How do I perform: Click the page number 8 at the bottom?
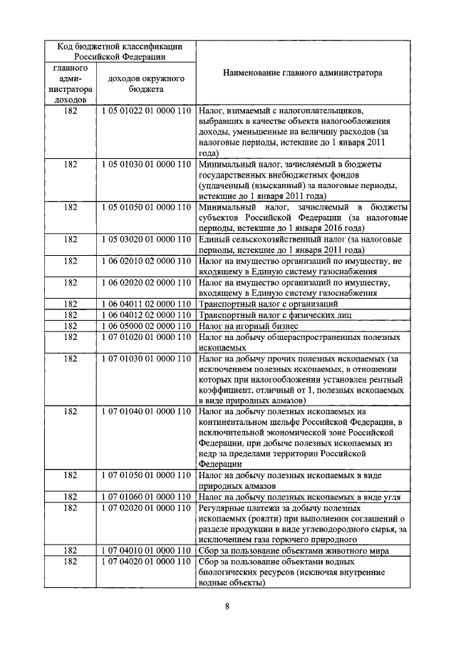point(227,607)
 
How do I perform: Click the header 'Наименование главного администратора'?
point(301,73)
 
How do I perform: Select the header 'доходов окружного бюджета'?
point(146,84)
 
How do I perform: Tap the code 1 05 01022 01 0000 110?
point(146,111)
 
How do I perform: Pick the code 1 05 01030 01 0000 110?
point(146,164)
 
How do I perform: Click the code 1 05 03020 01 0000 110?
point(146,239)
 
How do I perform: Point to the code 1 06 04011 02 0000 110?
point(146,303)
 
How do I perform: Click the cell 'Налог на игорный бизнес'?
point(244,325)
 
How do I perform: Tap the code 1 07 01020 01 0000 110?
point(146,336)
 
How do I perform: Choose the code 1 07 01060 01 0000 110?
point(146,496)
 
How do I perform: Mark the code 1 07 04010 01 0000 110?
point(146,550)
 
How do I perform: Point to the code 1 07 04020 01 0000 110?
point(146,562)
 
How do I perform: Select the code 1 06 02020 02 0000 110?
point(146,282)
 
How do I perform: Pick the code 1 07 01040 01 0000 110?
point(146,411)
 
